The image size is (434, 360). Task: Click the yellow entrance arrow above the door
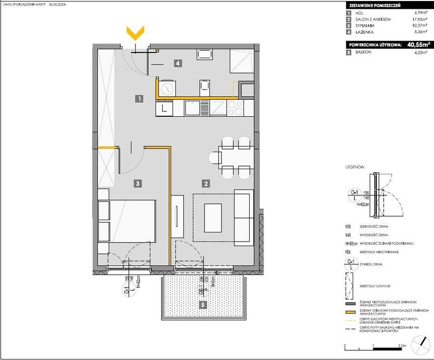(x=135, y=34)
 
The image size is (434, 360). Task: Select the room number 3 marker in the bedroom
(x=136, y=183)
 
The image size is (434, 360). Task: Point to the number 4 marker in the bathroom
(x=177, y=64)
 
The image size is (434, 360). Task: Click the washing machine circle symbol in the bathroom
(x=167, y=88)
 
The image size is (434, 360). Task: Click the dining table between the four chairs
(x=236, y=156)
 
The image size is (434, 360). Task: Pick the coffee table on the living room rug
(x=214, y=218)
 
